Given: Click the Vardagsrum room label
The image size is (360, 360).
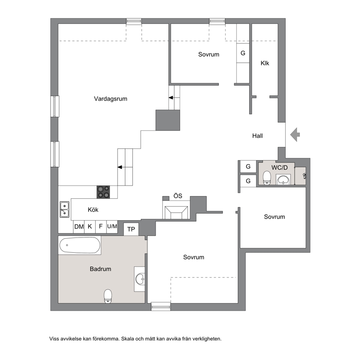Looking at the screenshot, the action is (x=110, y=99).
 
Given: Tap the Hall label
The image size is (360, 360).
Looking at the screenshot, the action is (x=257, y=136).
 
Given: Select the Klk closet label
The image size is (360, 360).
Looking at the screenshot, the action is (x=265, y=63).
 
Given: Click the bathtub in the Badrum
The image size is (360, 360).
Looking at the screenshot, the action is (x=80, y=245).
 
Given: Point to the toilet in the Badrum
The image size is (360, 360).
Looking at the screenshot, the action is (x=108, y=296).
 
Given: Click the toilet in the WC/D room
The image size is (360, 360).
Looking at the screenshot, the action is (x=267, y=178).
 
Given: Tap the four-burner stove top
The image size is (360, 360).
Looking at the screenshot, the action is (x=103, y=192).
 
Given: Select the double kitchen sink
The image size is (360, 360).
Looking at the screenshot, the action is (x=65, y=209).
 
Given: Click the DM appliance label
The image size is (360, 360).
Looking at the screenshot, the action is (x=79, y=226).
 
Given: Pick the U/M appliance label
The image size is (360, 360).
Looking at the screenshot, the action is (x=112, y=226).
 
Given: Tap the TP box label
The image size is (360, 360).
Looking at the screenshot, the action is (x=131, y=229).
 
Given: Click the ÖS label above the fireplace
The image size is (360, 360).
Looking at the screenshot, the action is (x=178, y=196).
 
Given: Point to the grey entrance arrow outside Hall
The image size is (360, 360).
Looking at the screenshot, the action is (x=295, y=134).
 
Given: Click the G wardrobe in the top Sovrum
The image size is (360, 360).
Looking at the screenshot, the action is (x=243, y=53).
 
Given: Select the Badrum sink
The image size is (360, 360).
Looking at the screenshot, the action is (x=140, y=279).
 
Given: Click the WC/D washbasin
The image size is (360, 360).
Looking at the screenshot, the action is (x=283, y=179).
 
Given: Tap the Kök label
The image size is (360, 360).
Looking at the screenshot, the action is (x=93, y=210).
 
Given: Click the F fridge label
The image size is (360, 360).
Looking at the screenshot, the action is (x=101, y=226).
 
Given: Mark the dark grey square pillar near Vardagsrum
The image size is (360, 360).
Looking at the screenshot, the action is (x=168, y=120).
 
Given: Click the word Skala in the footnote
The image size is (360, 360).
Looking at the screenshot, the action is (x=127, y=339).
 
